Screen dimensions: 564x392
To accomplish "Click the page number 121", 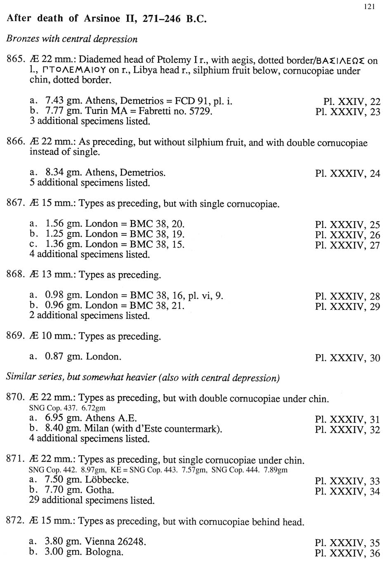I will click(x=370, y=6).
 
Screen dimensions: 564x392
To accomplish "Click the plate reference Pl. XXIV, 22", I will click(x=352, y=102).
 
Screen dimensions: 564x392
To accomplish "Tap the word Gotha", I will click(x=100, y=490).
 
